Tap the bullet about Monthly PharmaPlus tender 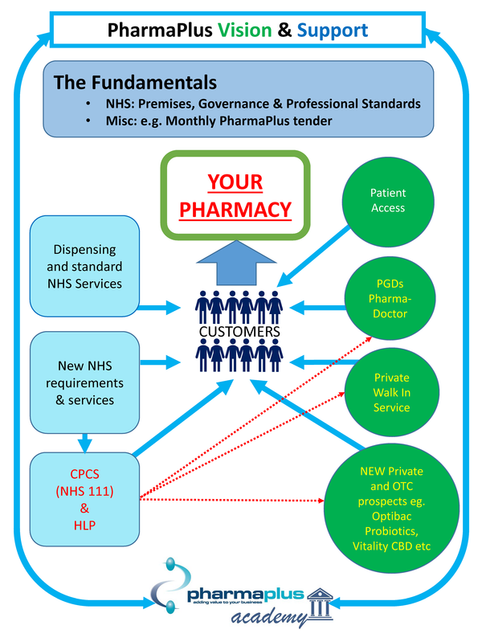click(x=208, y=121)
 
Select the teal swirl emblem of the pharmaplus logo click(x=166, y=589)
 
